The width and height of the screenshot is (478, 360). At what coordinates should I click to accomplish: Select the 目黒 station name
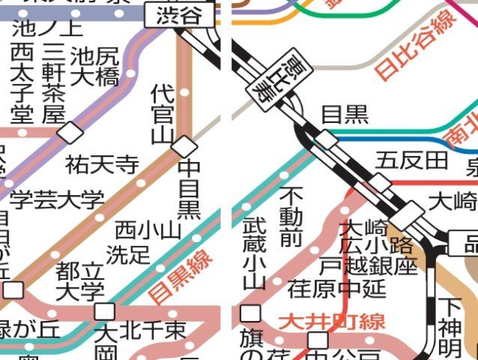pos(345,115)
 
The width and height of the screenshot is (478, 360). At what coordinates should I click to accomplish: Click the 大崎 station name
pos(453,200)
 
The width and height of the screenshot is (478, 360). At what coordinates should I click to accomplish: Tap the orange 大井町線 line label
pos(332,322)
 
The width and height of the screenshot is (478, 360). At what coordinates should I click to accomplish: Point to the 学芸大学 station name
pos(57,200)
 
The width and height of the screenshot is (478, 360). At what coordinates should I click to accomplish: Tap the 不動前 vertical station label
pos(291,217)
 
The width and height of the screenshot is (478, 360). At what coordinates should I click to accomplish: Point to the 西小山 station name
pos(148,229)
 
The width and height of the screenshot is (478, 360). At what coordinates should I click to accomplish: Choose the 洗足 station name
pos(128,254)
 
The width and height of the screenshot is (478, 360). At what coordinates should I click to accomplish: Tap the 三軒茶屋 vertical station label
pos(53,83)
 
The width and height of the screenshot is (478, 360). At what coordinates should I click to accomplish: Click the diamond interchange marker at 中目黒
pos(184,146)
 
